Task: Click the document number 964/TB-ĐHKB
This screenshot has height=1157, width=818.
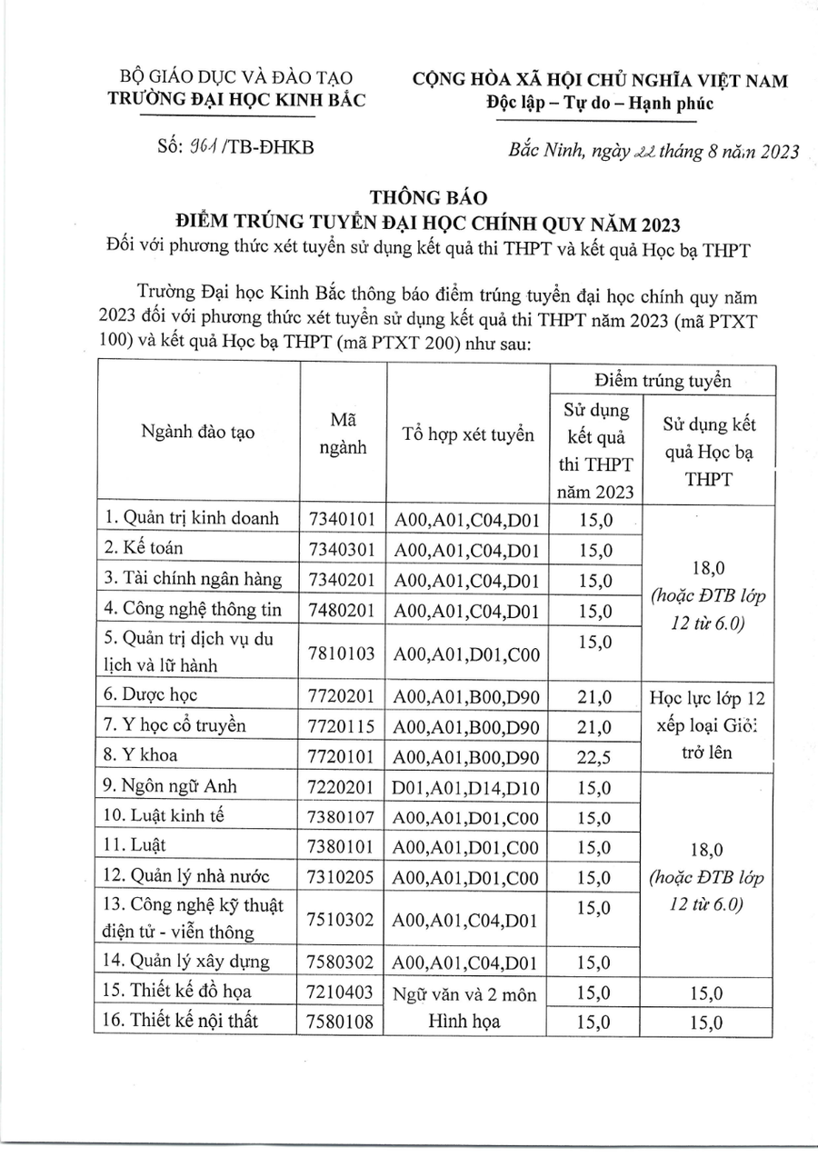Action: pos(235,148)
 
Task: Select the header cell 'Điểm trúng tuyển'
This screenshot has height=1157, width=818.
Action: pos(663,381)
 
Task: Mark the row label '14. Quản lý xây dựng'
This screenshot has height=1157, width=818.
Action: pos(187,961)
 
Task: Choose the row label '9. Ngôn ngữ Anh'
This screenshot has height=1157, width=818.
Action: pos(171,787)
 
